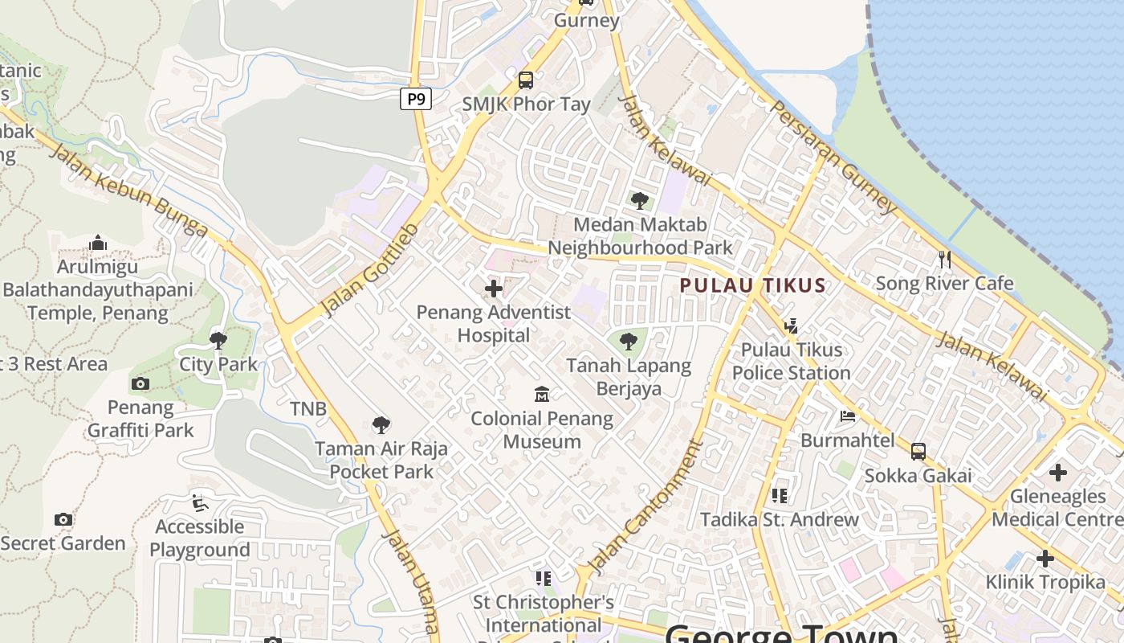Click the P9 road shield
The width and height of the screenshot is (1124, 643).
point(416,100)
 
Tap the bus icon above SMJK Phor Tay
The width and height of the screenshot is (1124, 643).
point(526,80)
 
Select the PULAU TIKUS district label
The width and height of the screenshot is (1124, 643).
point(752,285)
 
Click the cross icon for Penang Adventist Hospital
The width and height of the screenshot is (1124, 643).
point(494,288)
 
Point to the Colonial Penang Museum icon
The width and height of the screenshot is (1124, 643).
point(542,394)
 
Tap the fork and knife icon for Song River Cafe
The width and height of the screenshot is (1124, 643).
point(945,259)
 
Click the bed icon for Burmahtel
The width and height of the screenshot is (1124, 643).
point(848,416)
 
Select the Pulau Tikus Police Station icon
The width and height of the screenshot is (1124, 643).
point(791,326)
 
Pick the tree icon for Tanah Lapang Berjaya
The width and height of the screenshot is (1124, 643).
point(629,342)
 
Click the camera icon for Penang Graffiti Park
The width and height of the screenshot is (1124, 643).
point(140,383)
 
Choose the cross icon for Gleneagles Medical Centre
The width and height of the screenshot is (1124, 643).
point(1057,473)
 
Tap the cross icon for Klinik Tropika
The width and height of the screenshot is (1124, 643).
point(1045,558)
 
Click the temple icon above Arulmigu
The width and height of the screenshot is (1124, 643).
point(98,243)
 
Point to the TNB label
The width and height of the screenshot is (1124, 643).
point(308,409)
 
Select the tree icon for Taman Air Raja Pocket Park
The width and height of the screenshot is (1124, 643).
point(381,424)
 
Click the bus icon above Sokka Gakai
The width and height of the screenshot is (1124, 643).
point(918,452)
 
